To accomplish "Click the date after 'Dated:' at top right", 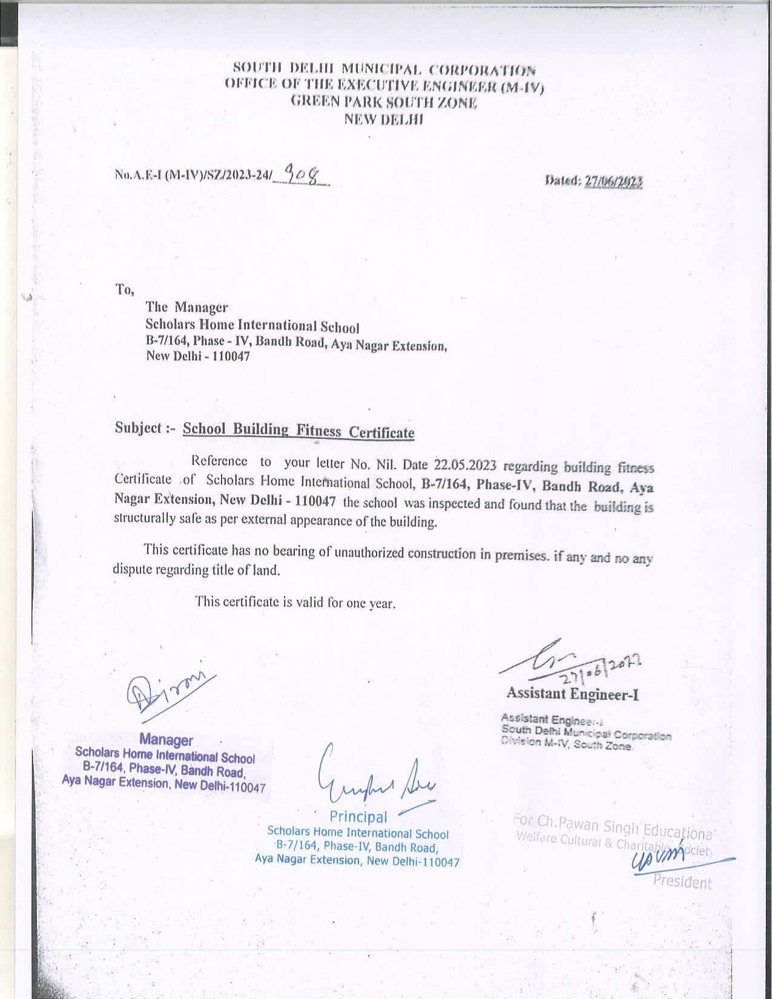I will [613, 180].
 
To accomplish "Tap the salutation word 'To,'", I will [124, 290].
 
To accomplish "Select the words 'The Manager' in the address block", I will [186, 308].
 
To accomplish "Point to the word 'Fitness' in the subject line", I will [318, 431].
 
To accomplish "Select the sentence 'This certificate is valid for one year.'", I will [295, 602].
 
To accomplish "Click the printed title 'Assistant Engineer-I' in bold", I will [573, 693].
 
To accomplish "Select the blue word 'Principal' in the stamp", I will [358, 817].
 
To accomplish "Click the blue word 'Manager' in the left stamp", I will [166, 740].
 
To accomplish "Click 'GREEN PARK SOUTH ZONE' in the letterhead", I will [384, 102].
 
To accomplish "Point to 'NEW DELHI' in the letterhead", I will [384, 119].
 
